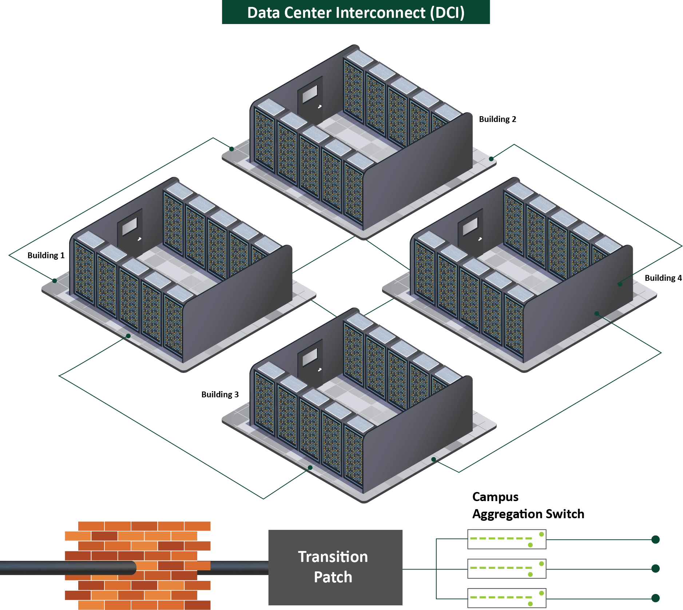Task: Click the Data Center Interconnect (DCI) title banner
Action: tap(356, 12)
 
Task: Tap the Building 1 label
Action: tap(46, 255)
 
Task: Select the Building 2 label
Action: tap(497, 119)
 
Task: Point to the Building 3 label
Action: tap(220, 394)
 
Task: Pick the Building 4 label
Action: tap(663, 278)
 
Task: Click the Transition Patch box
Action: tap(335, 567)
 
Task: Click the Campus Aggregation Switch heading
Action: tap(528, 505)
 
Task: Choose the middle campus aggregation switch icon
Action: tap(507, 568)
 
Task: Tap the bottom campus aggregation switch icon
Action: tap(507, 598)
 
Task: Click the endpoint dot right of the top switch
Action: tap(655, 539)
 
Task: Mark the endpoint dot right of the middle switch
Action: tap(655, 568)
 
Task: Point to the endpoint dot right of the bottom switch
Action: tap(655, 598)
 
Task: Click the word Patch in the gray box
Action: tap(333, 577)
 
